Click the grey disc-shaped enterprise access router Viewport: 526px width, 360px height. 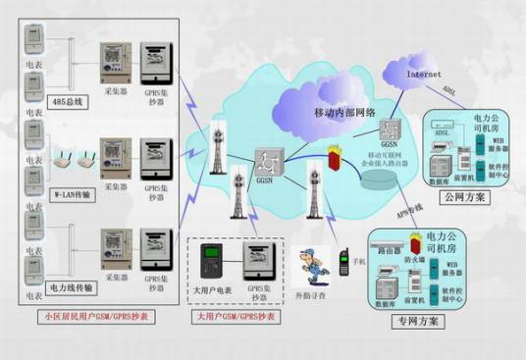click(x=376, y=182)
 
